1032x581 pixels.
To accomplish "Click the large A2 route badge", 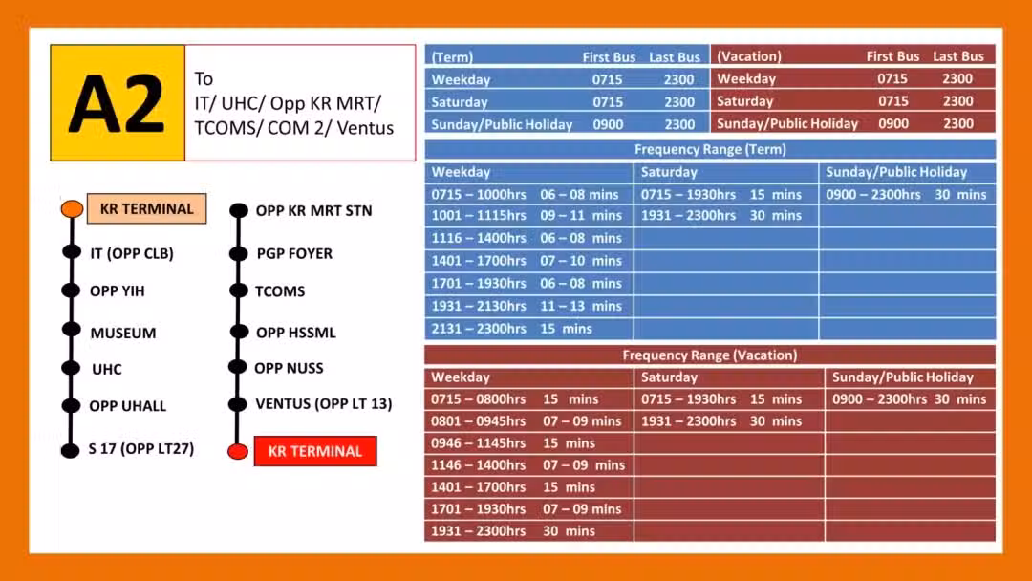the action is point(118,102).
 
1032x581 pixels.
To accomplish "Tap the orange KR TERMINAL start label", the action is point(147,208).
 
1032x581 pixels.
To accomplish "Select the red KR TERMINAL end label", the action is point(315,451).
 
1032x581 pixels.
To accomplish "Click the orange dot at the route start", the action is point(72,208).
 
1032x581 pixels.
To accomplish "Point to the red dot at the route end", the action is point(238,451).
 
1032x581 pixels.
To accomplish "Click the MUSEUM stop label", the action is point(123,333).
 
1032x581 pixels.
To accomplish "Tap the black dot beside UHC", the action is point(71,368).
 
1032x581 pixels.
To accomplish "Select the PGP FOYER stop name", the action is point(294,253).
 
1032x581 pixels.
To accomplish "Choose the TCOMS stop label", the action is point(280,290).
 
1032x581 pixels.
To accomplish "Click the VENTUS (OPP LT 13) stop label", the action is point(324,403).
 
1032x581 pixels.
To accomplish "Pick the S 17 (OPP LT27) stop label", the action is point(141,449).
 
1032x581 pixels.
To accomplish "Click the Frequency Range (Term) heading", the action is point(710,149).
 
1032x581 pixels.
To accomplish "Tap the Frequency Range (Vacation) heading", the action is point(709,355).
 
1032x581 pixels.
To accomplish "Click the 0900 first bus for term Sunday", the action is point(608,124).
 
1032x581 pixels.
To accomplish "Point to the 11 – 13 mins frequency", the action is point(581,306).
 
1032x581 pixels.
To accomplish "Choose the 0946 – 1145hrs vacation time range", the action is point(479,442).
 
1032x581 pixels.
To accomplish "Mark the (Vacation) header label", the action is point(749,56).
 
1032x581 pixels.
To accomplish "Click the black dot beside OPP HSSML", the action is point(239,332).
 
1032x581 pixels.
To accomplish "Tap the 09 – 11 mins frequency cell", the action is point(581,215).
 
